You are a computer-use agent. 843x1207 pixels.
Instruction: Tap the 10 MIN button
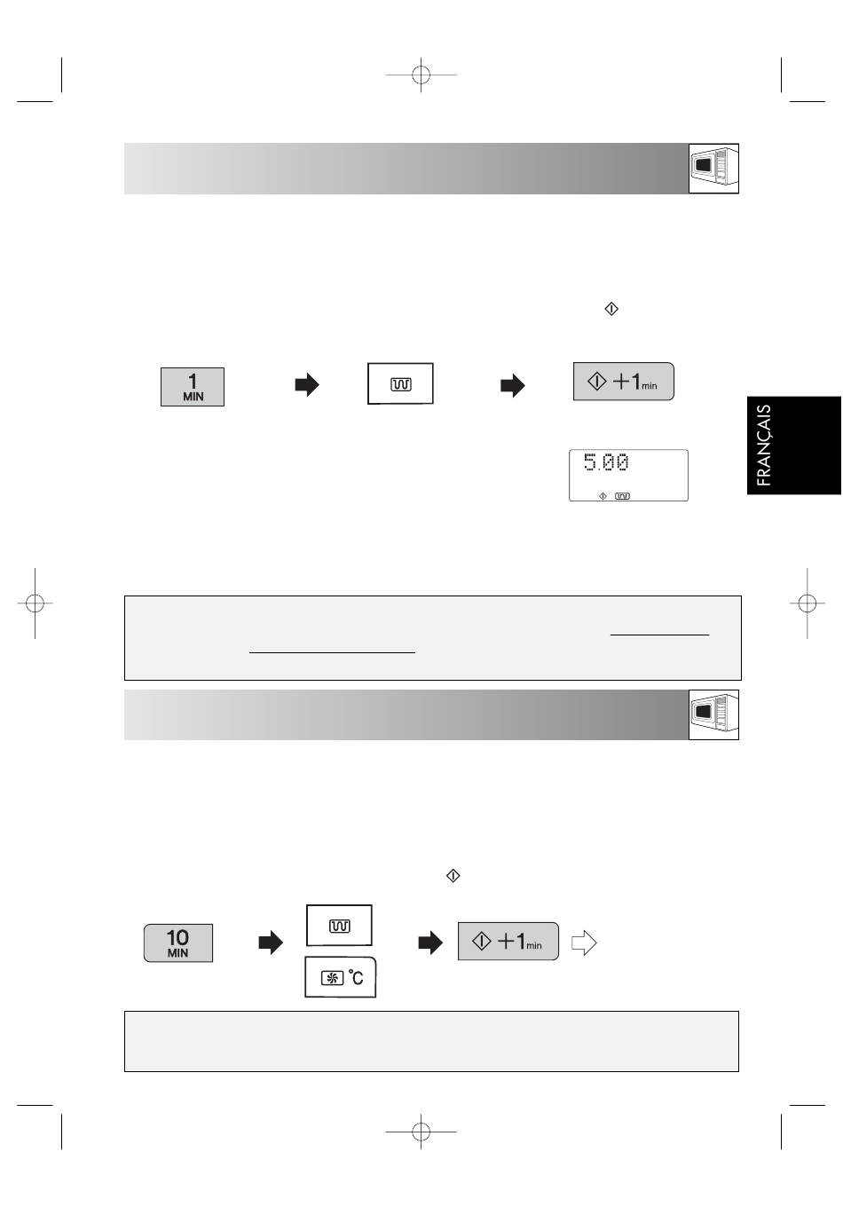pos(178,943)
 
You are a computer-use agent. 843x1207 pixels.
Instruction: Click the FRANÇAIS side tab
pos(794,446)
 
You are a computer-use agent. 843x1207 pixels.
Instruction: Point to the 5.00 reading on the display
pos(607,463)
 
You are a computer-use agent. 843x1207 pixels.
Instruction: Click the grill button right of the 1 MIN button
pos(400,383)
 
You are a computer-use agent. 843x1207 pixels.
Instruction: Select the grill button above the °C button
pos(339,925)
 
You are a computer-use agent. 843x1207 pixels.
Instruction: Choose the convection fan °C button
pos(341,977)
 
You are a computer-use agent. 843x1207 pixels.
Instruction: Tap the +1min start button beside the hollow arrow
pos(508,941)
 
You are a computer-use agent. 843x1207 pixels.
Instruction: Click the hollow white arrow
pos(584,943)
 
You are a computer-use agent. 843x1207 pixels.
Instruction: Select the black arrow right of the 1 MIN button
pos(307,385)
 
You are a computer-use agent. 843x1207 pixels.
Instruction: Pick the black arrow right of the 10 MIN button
pos(271,943)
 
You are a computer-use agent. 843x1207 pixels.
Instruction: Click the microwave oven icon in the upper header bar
pos(713,169)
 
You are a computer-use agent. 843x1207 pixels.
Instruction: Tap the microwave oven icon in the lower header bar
pos(713,714)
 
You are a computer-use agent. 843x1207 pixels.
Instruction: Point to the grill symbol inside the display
pos(622,496)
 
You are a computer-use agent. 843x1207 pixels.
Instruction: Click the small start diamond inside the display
pos(603,496)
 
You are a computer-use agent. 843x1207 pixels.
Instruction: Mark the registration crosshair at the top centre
pos(421,75)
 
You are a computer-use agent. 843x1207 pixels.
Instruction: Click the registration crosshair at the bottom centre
pos(421,1132)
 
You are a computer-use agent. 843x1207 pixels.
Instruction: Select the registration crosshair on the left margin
pos(35,603)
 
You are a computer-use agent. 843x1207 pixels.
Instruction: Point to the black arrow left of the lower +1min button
pos(430,943)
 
